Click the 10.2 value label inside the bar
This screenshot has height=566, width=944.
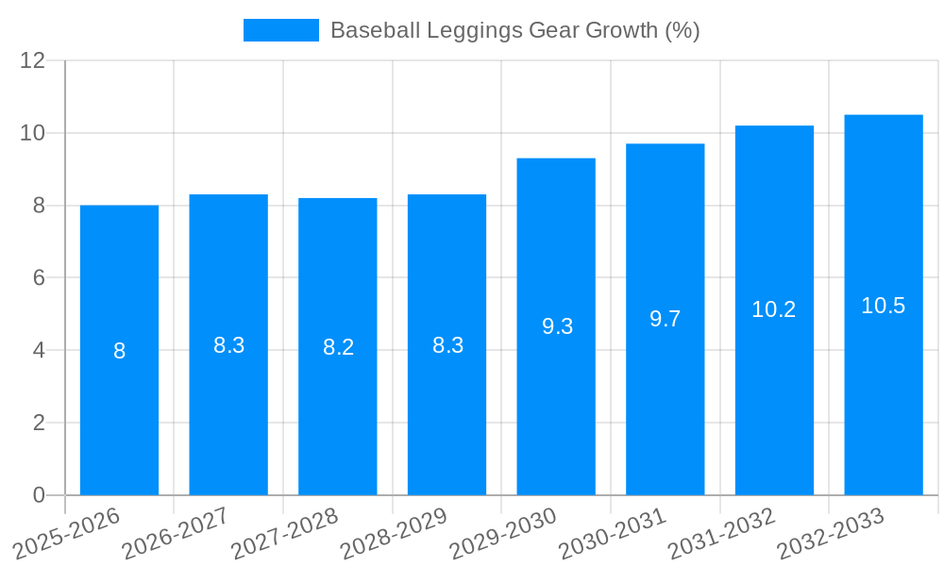(774, 309)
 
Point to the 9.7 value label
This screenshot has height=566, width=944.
(666, 319)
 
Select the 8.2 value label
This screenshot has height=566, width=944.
(338, 347)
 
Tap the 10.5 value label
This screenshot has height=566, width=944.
(884, 306)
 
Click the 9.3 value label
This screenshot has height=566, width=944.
(557, 326)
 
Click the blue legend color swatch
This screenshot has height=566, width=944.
(280, 30)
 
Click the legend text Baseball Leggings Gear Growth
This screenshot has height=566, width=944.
(514, 30)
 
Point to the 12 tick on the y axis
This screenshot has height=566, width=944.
(33, 60)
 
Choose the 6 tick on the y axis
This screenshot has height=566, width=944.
(39, 277)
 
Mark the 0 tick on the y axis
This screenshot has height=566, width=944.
(39, 495)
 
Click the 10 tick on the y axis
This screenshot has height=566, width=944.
(33, 133)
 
